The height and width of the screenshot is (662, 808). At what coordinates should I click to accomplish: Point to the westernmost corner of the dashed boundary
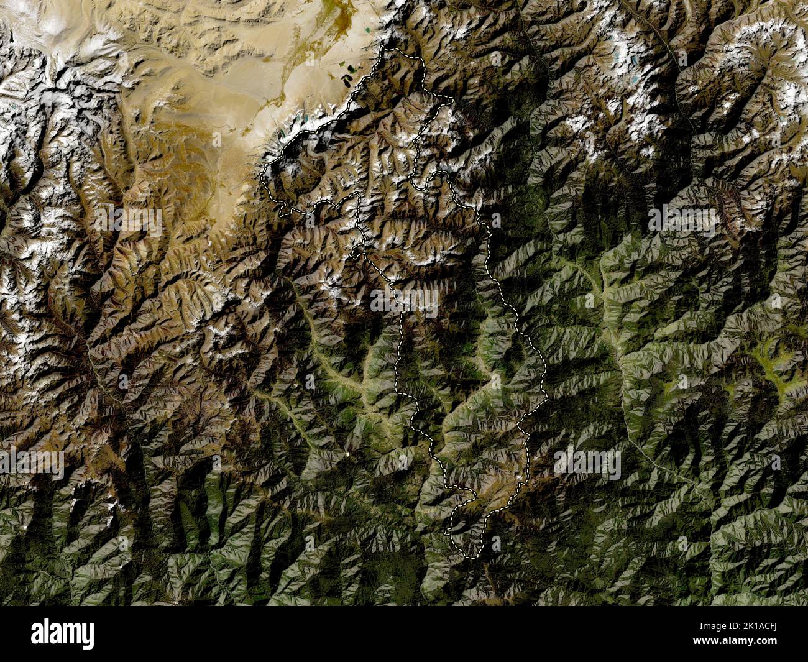point(263,175)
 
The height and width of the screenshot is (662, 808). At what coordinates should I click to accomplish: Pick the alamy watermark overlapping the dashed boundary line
point(404,300)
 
